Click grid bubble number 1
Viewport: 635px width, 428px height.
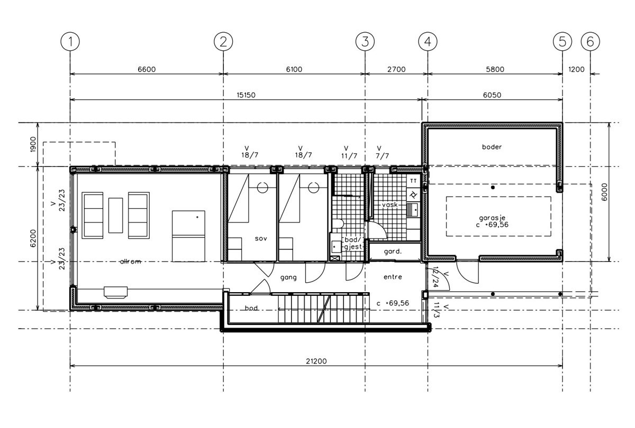tap(70, 41)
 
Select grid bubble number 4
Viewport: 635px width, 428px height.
tap(428, 41)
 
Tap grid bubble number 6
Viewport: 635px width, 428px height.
tap(590, 41)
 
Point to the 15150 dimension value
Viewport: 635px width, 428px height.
tap(246, 95)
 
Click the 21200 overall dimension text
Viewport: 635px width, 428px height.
tap(316, 361)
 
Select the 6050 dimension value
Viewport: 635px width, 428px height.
tap(492, 95)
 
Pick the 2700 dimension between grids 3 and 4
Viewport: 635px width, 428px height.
tap(396, 69)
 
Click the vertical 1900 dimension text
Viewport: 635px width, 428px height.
tap(32, 144)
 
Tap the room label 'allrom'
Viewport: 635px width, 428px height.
tap(131, 262)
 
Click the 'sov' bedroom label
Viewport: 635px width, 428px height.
tap(260, 239)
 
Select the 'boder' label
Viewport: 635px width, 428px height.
tap(491, 147)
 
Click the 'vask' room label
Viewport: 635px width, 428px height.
tap(389, 204)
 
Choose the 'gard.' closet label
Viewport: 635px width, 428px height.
tap(394, 252)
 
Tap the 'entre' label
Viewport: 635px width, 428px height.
tap(392, 277)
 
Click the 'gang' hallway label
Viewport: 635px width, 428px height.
tap(288, 277)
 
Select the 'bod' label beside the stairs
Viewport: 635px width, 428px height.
tap(251, 308)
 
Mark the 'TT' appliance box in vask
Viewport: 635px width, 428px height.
tap(413, 181)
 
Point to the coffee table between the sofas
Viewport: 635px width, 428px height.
tap(115, 215)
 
